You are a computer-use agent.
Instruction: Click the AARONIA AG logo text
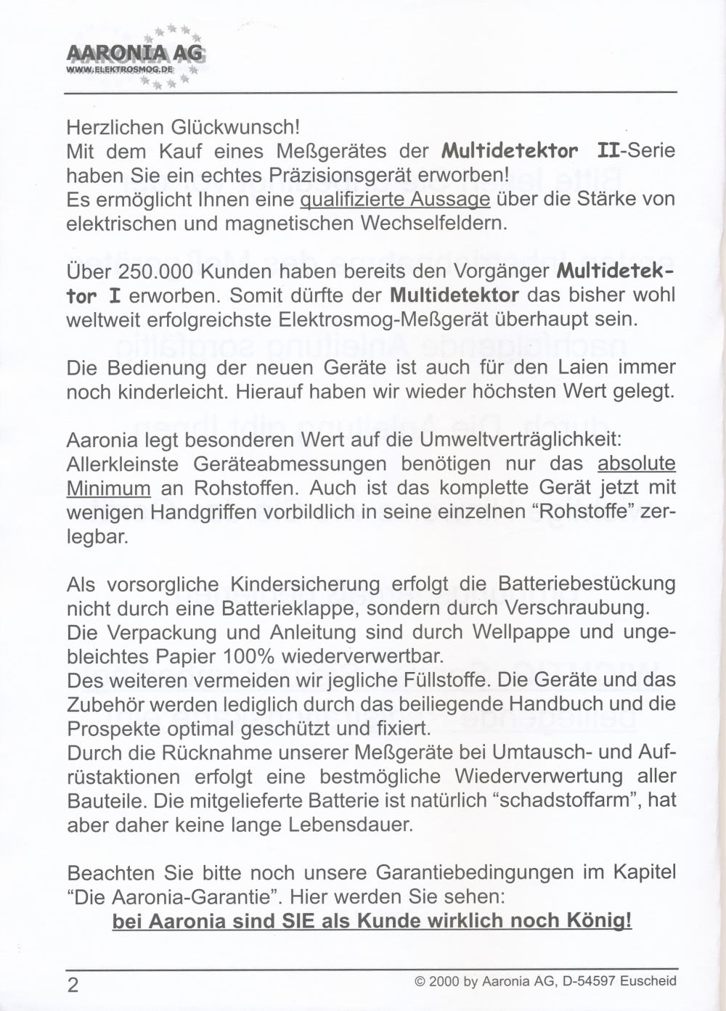click(135, 54)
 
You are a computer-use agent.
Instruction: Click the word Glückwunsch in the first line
click(234, 127)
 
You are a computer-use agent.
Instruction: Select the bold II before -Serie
click(611, 151)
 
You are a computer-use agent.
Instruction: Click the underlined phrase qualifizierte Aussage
click(395, 199)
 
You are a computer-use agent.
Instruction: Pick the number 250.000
click(157, 271)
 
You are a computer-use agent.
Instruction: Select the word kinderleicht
click(163, 391)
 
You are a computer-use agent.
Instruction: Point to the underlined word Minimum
click(109, 488)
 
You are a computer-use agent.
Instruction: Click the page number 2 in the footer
click(73, 985)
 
